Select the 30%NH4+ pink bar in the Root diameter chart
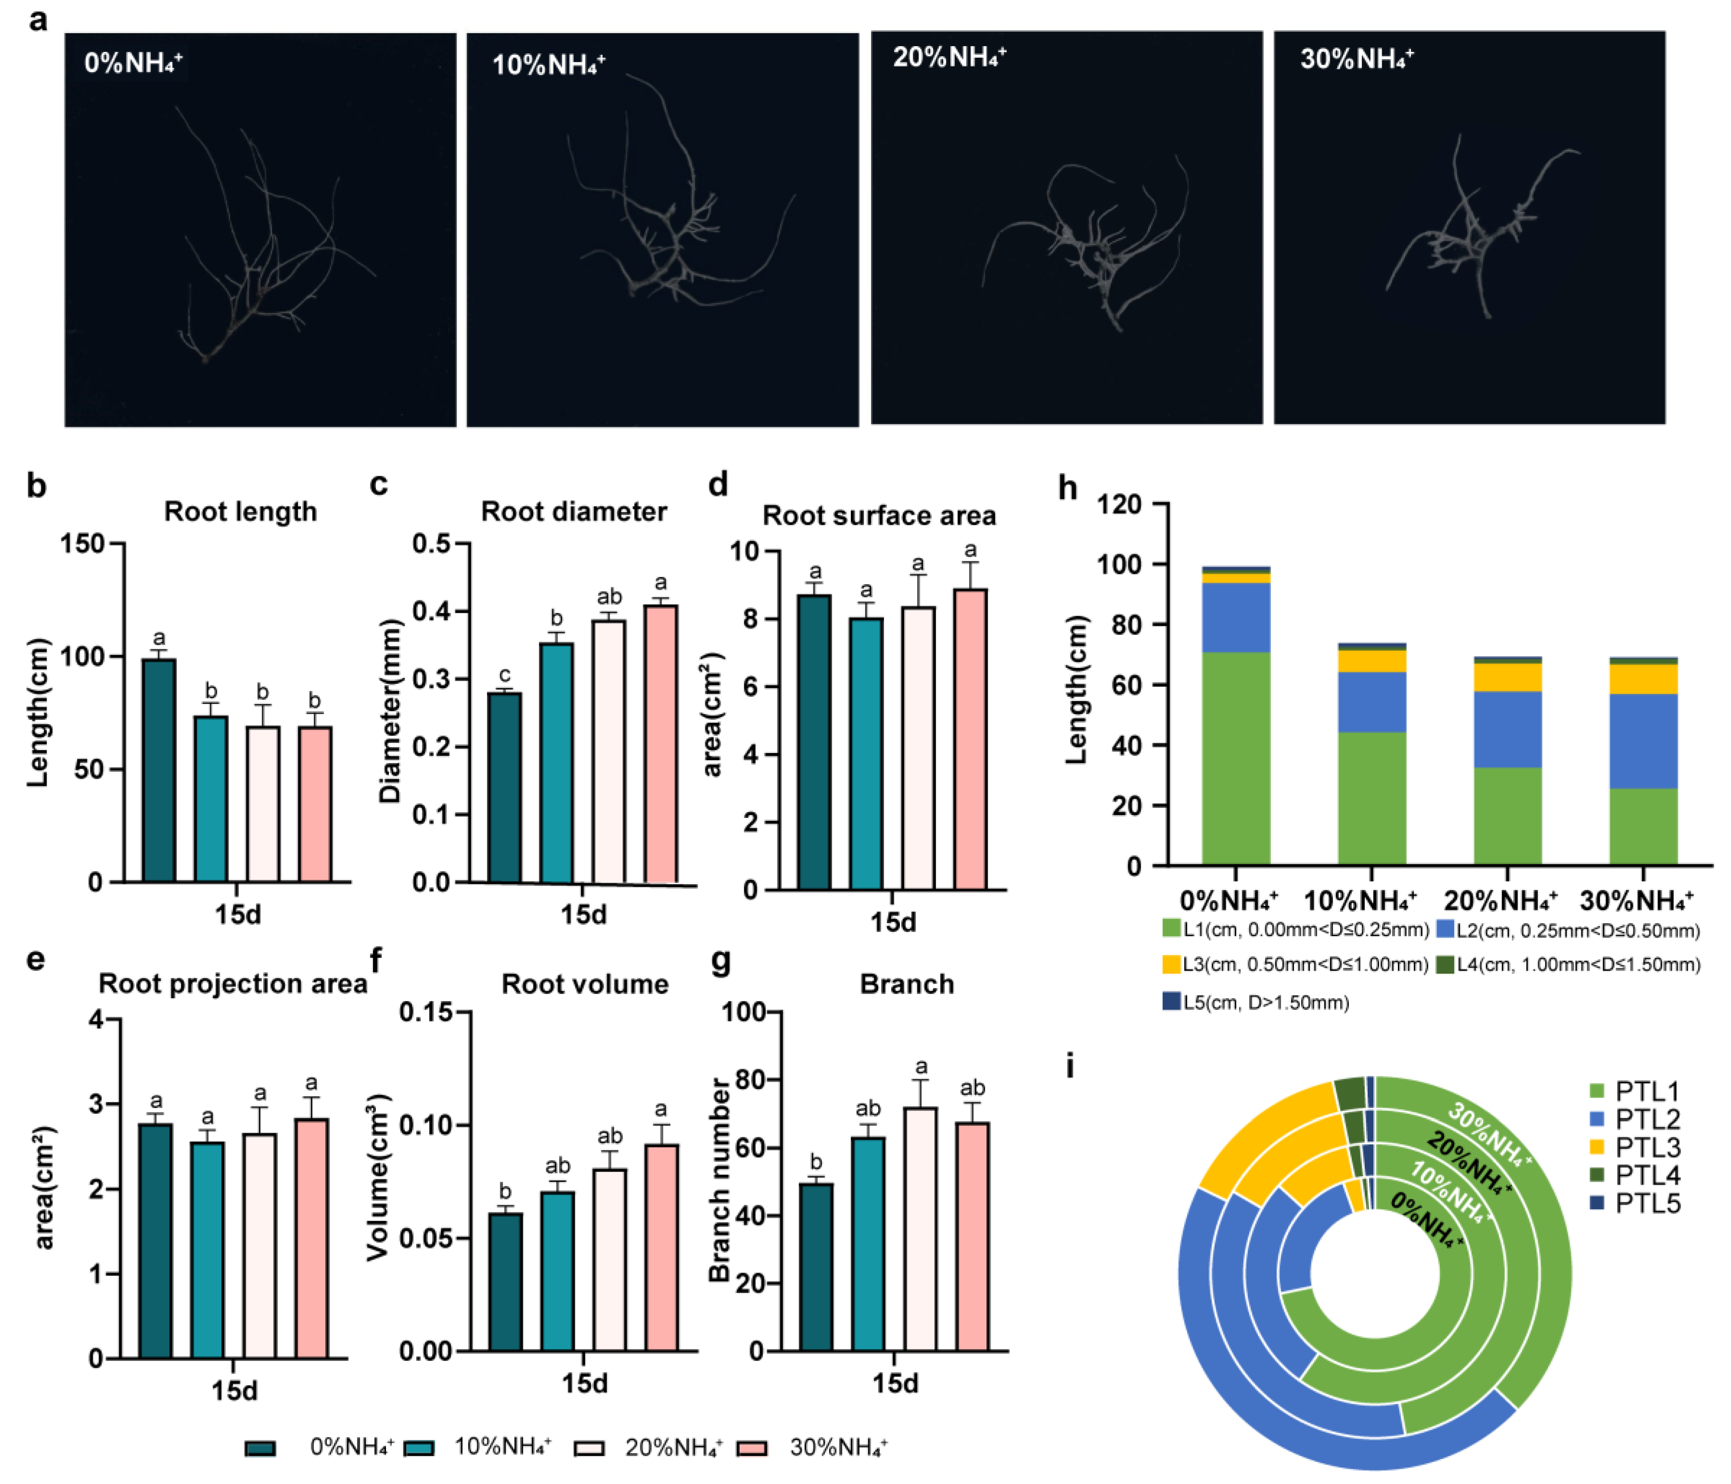click(x=661, y=743)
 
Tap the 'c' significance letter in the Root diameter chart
click(x=505, y=675)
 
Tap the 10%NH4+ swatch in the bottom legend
click(x=419, y=1447)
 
